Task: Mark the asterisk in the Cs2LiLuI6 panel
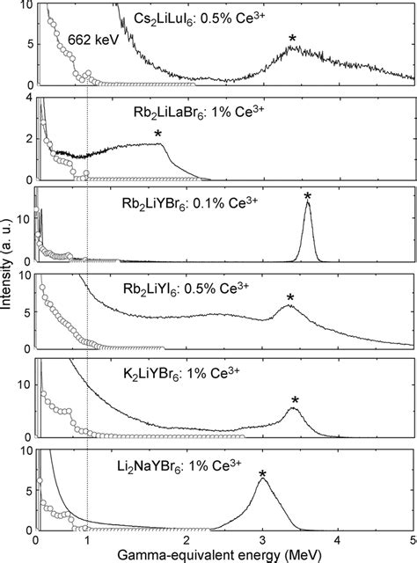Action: point(292,39)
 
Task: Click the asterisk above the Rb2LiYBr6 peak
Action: point(307,196)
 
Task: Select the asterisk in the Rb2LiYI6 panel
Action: point(290,298)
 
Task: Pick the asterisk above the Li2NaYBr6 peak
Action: point(262,475)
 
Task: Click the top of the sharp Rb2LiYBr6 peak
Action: point(307,204)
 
